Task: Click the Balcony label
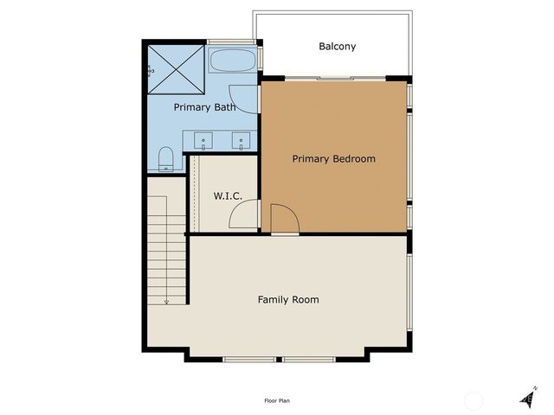(x=337, y=47)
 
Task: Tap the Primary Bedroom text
(x=333, y=159)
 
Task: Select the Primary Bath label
(x=204, y=108)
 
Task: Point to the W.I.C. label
(x=228, y=197)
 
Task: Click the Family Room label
(x=288, y=300)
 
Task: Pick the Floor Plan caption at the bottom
(x=276, y=400)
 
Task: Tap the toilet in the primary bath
(x=166, y=158)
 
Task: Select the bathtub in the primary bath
(x=233, y=61)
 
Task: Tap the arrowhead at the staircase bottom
(x=165, y=302)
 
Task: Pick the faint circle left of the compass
(x=473, y=399)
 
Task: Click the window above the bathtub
(x=232, y=42)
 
